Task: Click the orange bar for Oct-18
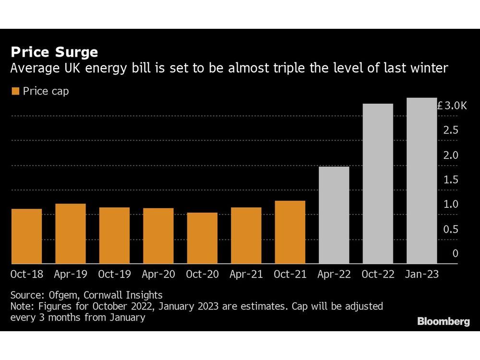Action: (x=26, y=236)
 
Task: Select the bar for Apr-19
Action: (x=71, y=234)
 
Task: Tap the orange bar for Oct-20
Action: (x=202, y=238)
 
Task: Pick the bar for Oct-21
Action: (x=290, y=232)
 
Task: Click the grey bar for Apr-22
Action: (x=334, y=215)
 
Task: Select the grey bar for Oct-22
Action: (x=378, y=184)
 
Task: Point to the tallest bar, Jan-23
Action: (x=422, y=181)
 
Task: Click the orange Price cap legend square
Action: (x=15, y=91)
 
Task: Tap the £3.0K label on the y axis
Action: (x=452, y=106)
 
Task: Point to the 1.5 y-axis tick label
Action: (x=451, y=180)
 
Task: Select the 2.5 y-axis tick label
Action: (x=451, y=131)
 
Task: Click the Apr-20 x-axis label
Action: (x=158, y=275)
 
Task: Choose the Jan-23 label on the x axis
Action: (x=422, y=275)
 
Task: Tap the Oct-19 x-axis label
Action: (x=114, y=275)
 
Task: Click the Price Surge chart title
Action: (x=54, y=52)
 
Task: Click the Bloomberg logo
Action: (x=443, y=322)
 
